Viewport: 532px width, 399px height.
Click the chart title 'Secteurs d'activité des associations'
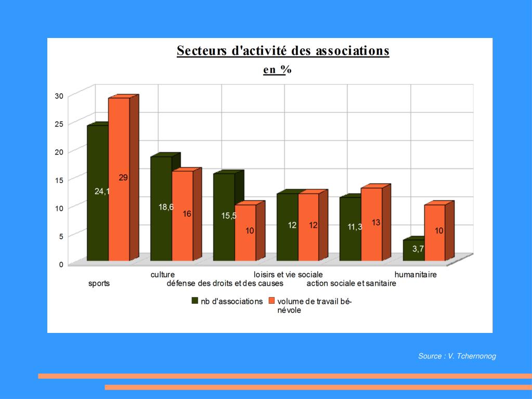[x=283, y=51]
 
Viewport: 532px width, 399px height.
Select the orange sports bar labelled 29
[x=119, y=179]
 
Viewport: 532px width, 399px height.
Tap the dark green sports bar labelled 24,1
[x=97, y=192]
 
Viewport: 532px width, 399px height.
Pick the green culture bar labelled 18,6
[x=161, y=208]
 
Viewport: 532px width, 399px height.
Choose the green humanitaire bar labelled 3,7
[x=413, y=250]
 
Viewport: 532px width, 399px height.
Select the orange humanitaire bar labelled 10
[x=435, y=232]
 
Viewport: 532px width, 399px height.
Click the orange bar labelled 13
[x=371, y=224]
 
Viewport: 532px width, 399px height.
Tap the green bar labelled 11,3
[x=350, y=228]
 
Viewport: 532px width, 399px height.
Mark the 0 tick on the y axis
[x=61, y=264]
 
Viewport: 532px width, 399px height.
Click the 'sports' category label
[x=99, y=284]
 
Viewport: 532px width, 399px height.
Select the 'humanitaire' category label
[x=416, y=275]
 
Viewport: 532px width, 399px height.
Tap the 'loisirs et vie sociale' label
[x=288, y=275]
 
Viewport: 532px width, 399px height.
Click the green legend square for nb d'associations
[x=196, y=301]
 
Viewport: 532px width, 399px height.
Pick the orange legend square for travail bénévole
[x=271, y=301]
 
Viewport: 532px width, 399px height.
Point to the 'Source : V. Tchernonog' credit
[x=457, y=356]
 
